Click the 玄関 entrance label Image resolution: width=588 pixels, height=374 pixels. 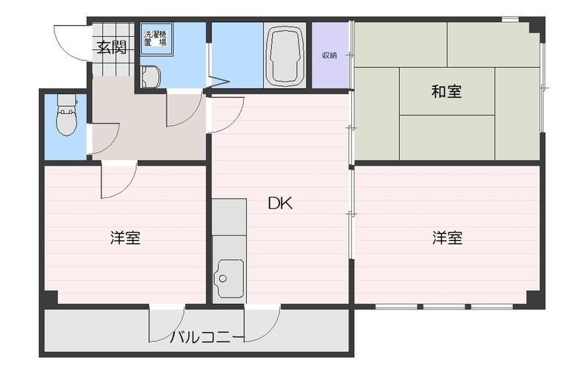(x=111, y=49)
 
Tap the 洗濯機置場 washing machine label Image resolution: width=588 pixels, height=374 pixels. (x=154, y=38)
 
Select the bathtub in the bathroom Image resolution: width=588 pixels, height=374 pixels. (x=285, y=56)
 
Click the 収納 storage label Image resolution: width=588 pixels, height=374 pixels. (x=329, y=55)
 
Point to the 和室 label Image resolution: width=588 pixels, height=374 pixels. (x=446, y=92)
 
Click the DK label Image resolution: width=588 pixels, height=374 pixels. (x=279, y=204)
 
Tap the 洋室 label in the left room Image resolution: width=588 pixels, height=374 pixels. (x=125, y=238)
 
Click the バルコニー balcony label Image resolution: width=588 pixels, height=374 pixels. (x=207, y=338)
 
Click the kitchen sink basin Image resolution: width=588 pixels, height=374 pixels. (x=229, y=277)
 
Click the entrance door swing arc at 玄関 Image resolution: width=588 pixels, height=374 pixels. (x=71, y=44)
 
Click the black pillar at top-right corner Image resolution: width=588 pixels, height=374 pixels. (x=537, y=28)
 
